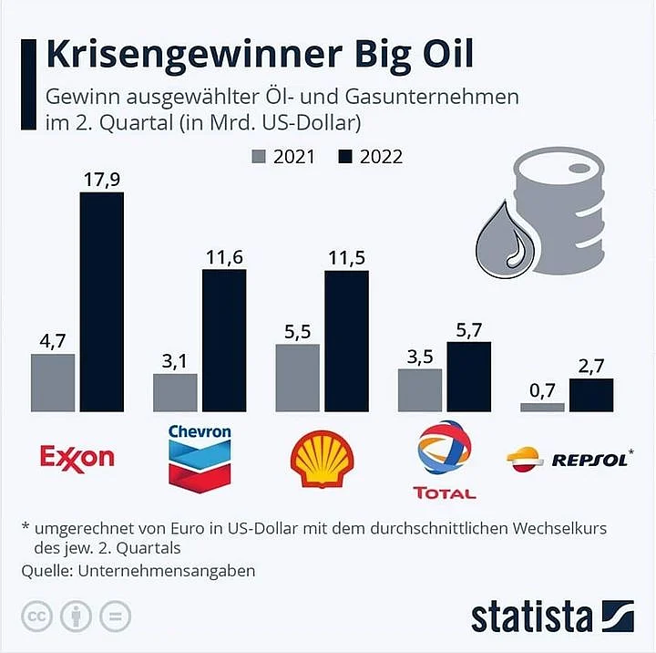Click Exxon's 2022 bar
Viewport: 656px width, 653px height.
102,301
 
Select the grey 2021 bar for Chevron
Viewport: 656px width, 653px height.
175,392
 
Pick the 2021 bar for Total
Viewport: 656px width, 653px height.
420,390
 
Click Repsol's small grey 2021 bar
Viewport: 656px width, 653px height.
542,408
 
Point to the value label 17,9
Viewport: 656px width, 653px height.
102,180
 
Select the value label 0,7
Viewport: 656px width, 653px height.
542,390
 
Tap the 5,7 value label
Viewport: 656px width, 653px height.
468,329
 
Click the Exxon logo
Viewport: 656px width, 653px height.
77,457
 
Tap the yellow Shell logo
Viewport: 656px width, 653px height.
321,459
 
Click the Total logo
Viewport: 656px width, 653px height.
444,461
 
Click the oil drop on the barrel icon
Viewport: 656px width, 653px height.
507,242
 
